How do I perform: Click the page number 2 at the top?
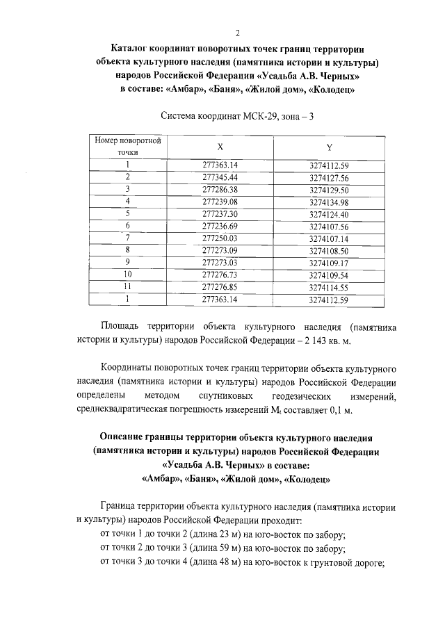[x=238, y=33]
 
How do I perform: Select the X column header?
[x=220, y=147]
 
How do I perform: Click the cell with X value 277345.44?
[x=220, y=177]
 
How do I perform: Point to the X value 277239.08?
[x=220, y=202]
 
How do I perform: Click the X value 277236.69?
[x=220, y=226]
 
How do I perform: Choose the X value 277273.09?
[x=220, y=250]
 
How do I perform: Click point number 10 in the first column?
[x=128, y=275]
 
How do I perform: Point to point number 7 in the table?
[x=128, y=238]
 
